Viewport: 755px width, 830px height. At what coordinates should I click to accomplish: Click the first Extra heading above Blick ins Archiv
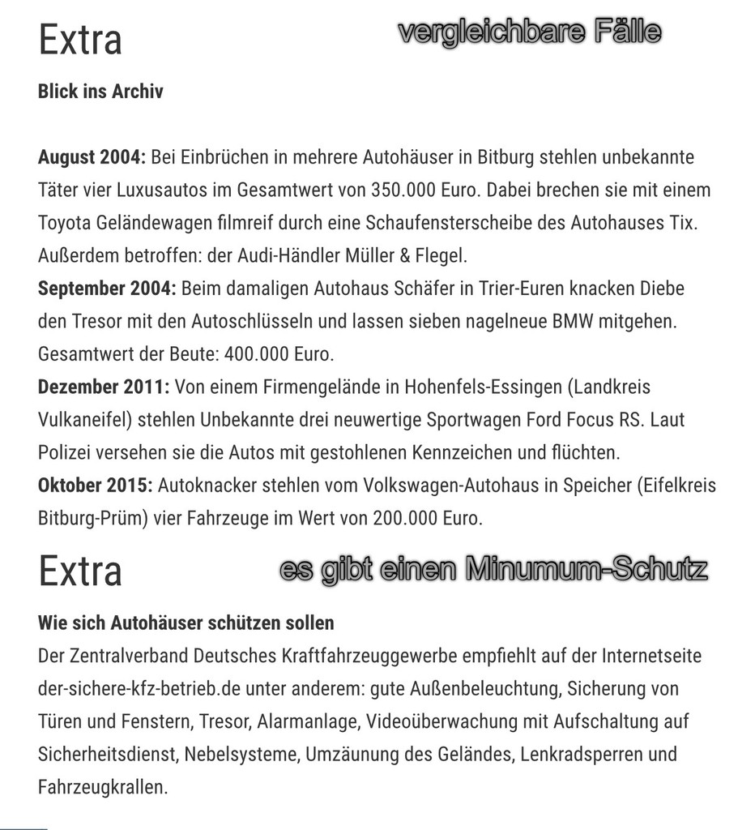[x=80, y=40]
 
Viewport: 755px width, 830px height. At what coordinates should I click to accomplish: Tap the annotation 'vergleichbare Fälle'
[x=531, y=32]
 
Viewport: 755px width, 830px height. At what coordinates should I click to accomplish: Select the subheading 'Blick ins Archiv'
[x=100, y=91]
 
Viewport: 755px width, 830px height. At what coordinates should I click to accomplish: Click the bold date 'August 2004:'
[x=92, y=157]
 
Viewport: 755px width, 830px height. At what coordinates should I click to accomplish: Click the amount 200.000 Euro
[x=428, y=519]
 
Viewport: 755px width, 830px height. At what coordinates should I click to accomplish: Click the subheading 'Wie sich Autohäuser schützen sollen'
[x=186, y=623]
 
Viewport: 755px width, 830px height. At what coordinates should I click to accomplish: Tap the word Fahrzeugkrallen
[x=103, y=787]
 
